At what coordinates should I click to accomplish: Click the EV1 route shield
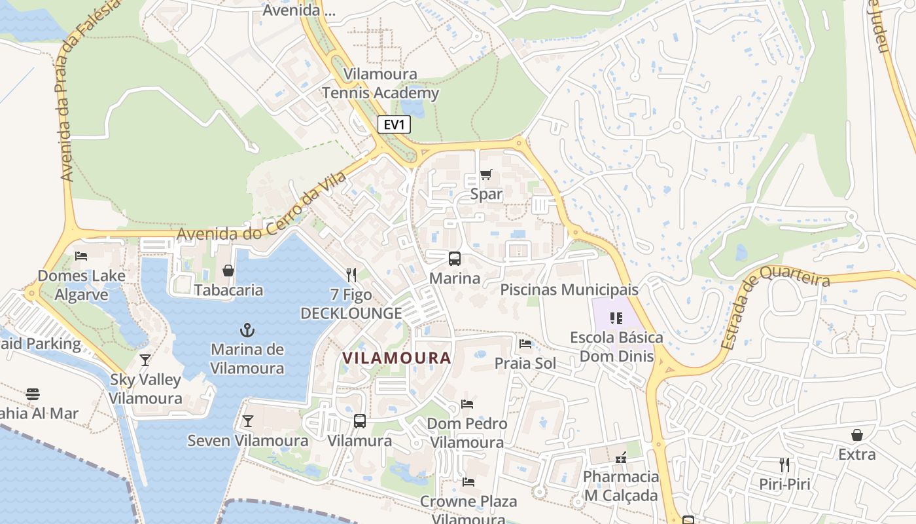coord(394,124)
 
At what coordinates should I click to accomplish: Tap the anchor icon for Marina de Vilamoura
coord(247,329)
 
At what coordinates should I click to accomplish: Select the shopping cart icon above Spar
coord(485,174)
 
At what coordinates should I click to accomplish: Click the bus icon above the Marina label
coord(455,258)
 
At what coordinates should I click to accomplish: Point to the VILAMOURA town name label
coord(396,358)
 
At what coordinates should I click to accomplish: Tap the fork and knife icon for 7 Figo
coord(351,275)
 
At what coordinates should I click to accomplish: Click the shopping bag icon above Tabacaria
coord(228,270)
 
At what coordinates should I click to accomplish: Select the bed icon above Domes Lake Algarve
coord(81,255)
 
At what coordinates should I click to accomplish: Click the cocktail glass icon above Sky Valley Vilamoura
coord(145,360)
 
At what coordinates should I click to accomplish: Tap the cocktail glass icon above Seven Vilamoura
coord(247,421)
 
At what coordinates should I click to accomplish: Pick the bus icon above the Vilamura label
coord(360,421)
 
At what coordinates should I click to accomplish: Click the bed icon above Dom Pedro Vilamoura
coord(467,403)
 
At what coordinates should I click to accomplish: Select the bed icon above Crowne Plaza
coord(468,481)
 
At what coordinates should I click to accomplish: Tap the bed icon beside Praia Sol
coord(525,343)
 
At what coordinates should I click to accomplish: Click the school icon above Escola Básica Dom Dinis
coord(616,318)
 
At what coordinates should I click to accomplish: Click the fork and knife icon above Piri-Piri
coord(784,465)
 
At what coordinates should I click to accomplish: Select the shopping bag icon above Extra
coord(856,434)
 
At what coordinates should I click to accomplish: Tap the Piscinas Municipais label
coord(569,290)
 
